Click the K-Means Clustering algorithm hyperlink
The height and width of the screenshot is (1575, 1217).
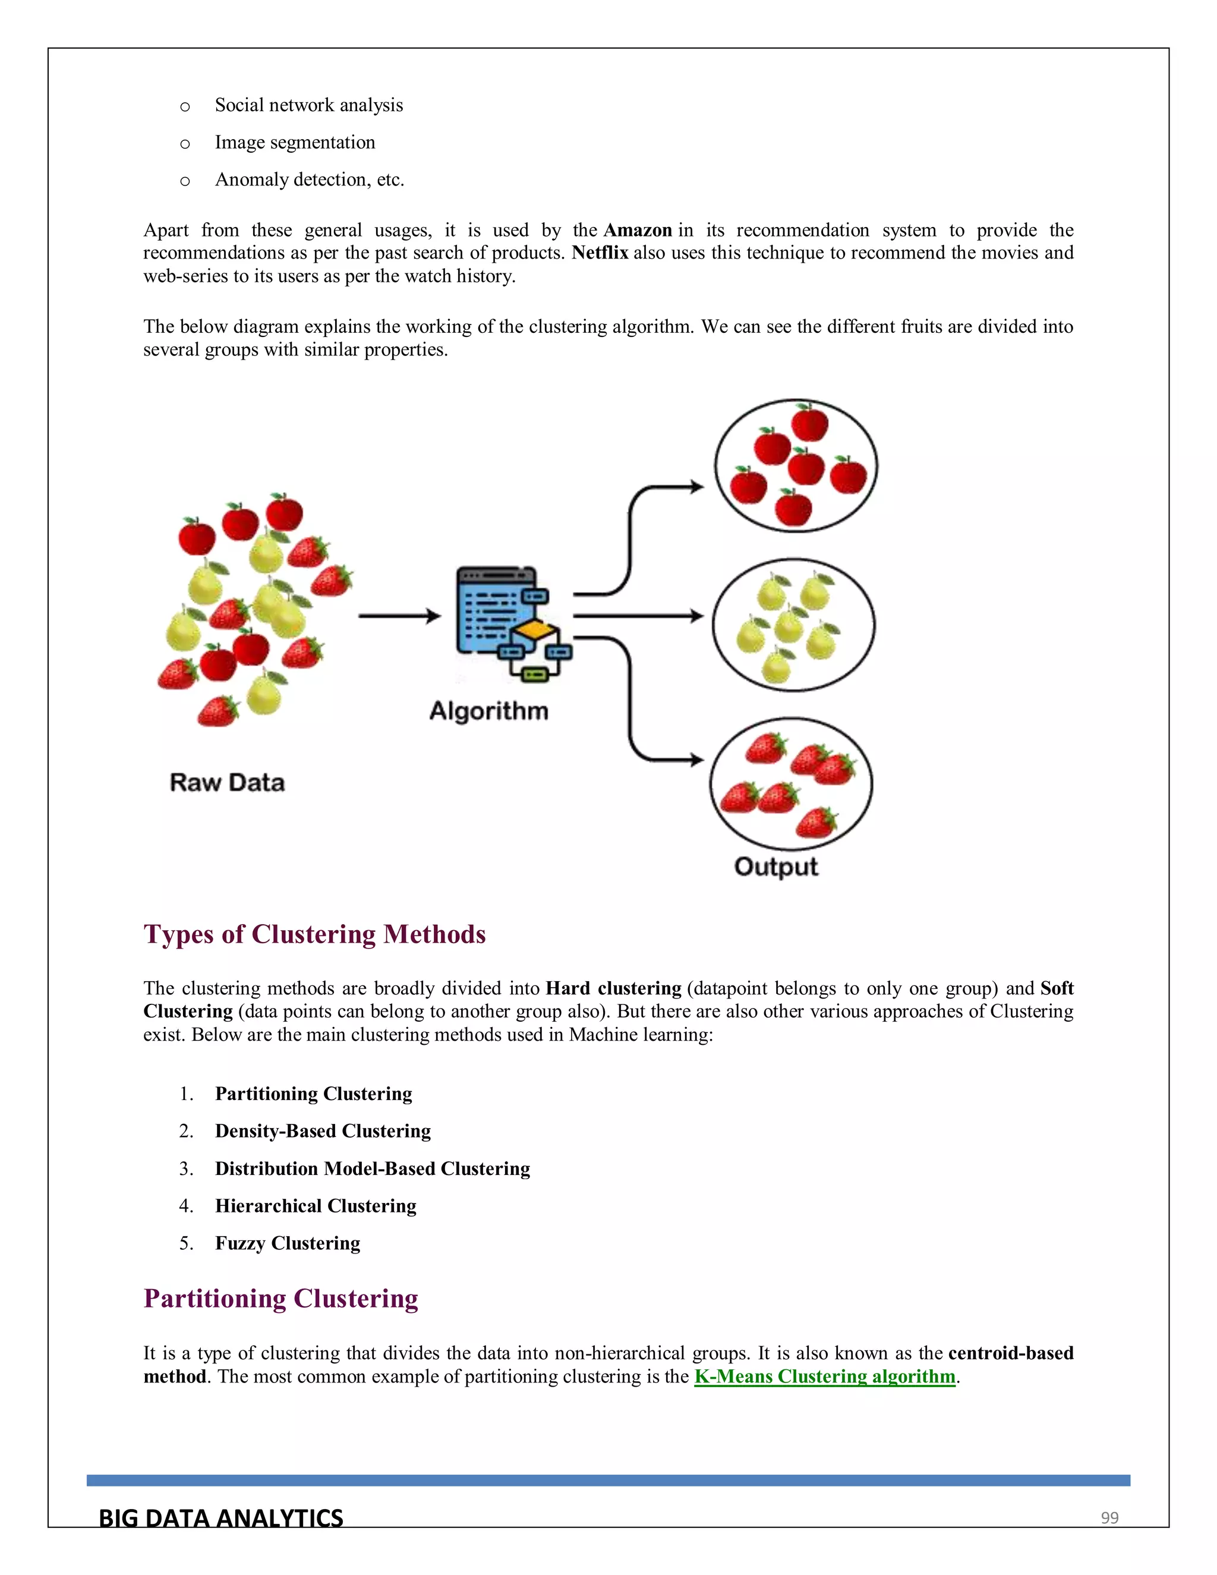coord(824,1376)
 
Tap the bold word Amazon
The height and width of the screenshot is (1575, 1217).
coord(638,230)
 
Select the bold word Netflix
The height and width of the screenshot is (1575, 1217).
coord(600,253)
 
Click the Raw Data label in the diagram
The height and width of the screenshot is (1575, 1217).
coord(227,783)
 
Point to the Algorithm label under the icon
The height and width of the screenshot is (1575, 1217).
coord(489,711)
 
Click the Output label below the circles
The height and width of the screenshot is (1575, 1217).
coord(775,867)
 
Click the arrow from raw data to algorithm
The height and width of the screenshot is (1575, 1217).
coord(399,616)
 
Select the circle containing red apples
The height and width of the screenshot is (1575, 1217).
coord(796,466)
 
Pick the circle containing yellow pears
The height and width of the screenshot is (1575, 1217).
coord(793,625)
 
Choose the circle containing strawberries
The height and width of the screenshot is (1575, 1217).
coord(791,784)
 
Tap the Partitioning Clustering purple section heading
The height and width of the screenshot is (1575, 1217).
coord(280,1298)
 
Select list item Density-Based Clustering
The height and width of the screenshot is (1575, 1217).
coord(322,1131)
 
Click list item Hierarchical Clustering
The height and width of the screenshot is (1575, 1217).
coord(315,1206)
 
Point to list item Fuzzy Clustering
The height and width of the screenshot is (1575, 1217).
coord(287,1243)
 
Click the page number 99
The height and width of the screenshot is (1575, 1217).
coord(1109,1518)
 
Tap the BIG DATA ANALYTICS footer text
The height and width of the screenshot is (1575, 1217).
coord(220,1518)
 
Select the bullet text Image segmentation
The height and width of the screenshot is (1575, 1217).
coord(295,142)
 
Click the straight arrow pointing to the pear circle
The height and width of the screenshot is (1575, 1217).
coord(638,616)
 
